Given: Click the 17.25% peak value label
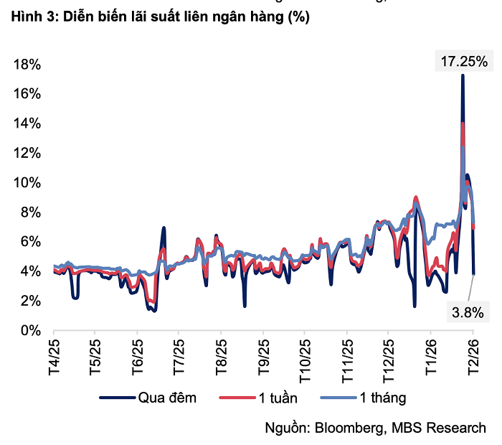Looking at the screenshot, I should [x=463, y=61].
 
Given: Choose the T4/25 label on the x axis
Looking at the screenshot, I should [x=55, y=355].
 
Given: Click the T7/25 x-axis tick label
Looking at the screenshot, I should [x=179, y=355].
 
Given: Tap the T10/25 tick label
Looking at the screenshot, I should [x=305, y=357].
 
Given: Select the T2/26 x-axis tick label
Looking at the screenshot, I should [x=473, y=355].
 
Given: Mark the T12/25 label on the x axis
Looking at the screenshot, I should [x=388, y=357].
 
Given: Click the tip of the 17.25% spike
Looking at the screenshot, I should [x=463, y=75].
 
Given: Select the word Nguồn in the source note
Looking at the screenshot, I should [x=286, y=428].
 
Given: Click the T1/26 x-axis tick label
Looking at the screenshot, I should [x=430, y=355].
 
